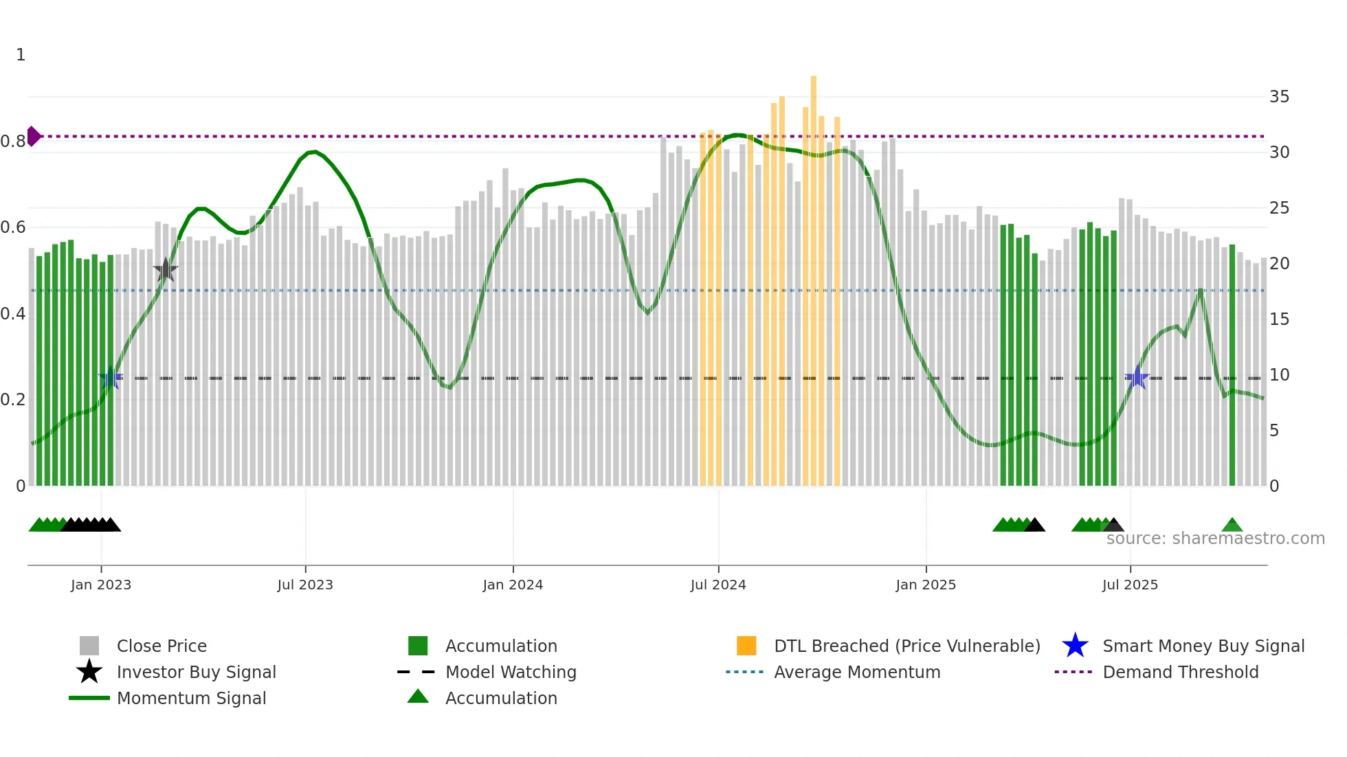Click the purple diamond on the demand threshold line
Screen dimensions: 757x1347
click(x=33, y=136)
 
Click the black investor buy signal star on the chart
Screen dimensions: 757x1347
click(x=165, y=270)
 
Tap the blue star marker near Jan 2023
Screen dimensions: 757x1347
click(x=110, y=378)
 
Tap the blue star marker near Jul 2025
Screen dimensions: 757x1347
click(x=1137, y=378)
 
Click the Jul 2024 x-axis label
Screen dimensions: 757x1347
click(x=718, y=585)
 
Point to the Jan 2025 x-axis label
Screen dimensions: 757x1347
click(x=926, y=585)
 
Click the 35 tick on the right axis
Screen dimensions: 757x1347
click(x=1279, y=97)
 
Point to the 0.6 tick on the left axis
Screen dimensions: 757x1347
click(x=13, y=227)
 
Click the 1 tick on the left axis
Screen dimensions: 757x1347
click(x=21, y=55)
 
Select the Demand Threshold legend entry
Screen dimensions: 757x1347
click(x=1180, y=672)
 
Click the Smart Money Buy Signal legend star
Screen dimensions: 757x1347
click(x=1075, y=646)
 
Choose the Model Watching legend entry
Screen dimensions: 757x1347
click(x=510, y=672)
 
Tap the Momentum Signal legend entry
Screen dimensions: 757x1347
click(x=191, y=698)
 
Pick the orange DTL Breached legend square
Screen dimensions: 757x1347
click(x=746, y=646)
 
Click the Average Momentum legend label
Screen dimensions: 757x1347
click(x=856, y=672)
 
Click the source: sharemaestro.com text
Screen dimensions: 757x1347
click(x=1215, y=539)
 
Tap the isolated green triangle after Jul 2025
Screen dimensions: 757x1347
click(x=1232, y=526)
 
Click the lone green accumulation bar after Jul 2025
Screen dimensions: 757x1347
click(x=1232, y=364)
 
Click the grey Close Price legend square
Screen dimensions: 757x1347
click(x=89, y=646)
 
